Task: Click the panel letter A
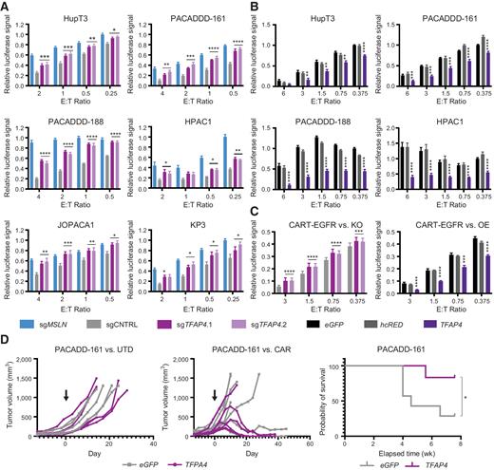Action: click(6, 7)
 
